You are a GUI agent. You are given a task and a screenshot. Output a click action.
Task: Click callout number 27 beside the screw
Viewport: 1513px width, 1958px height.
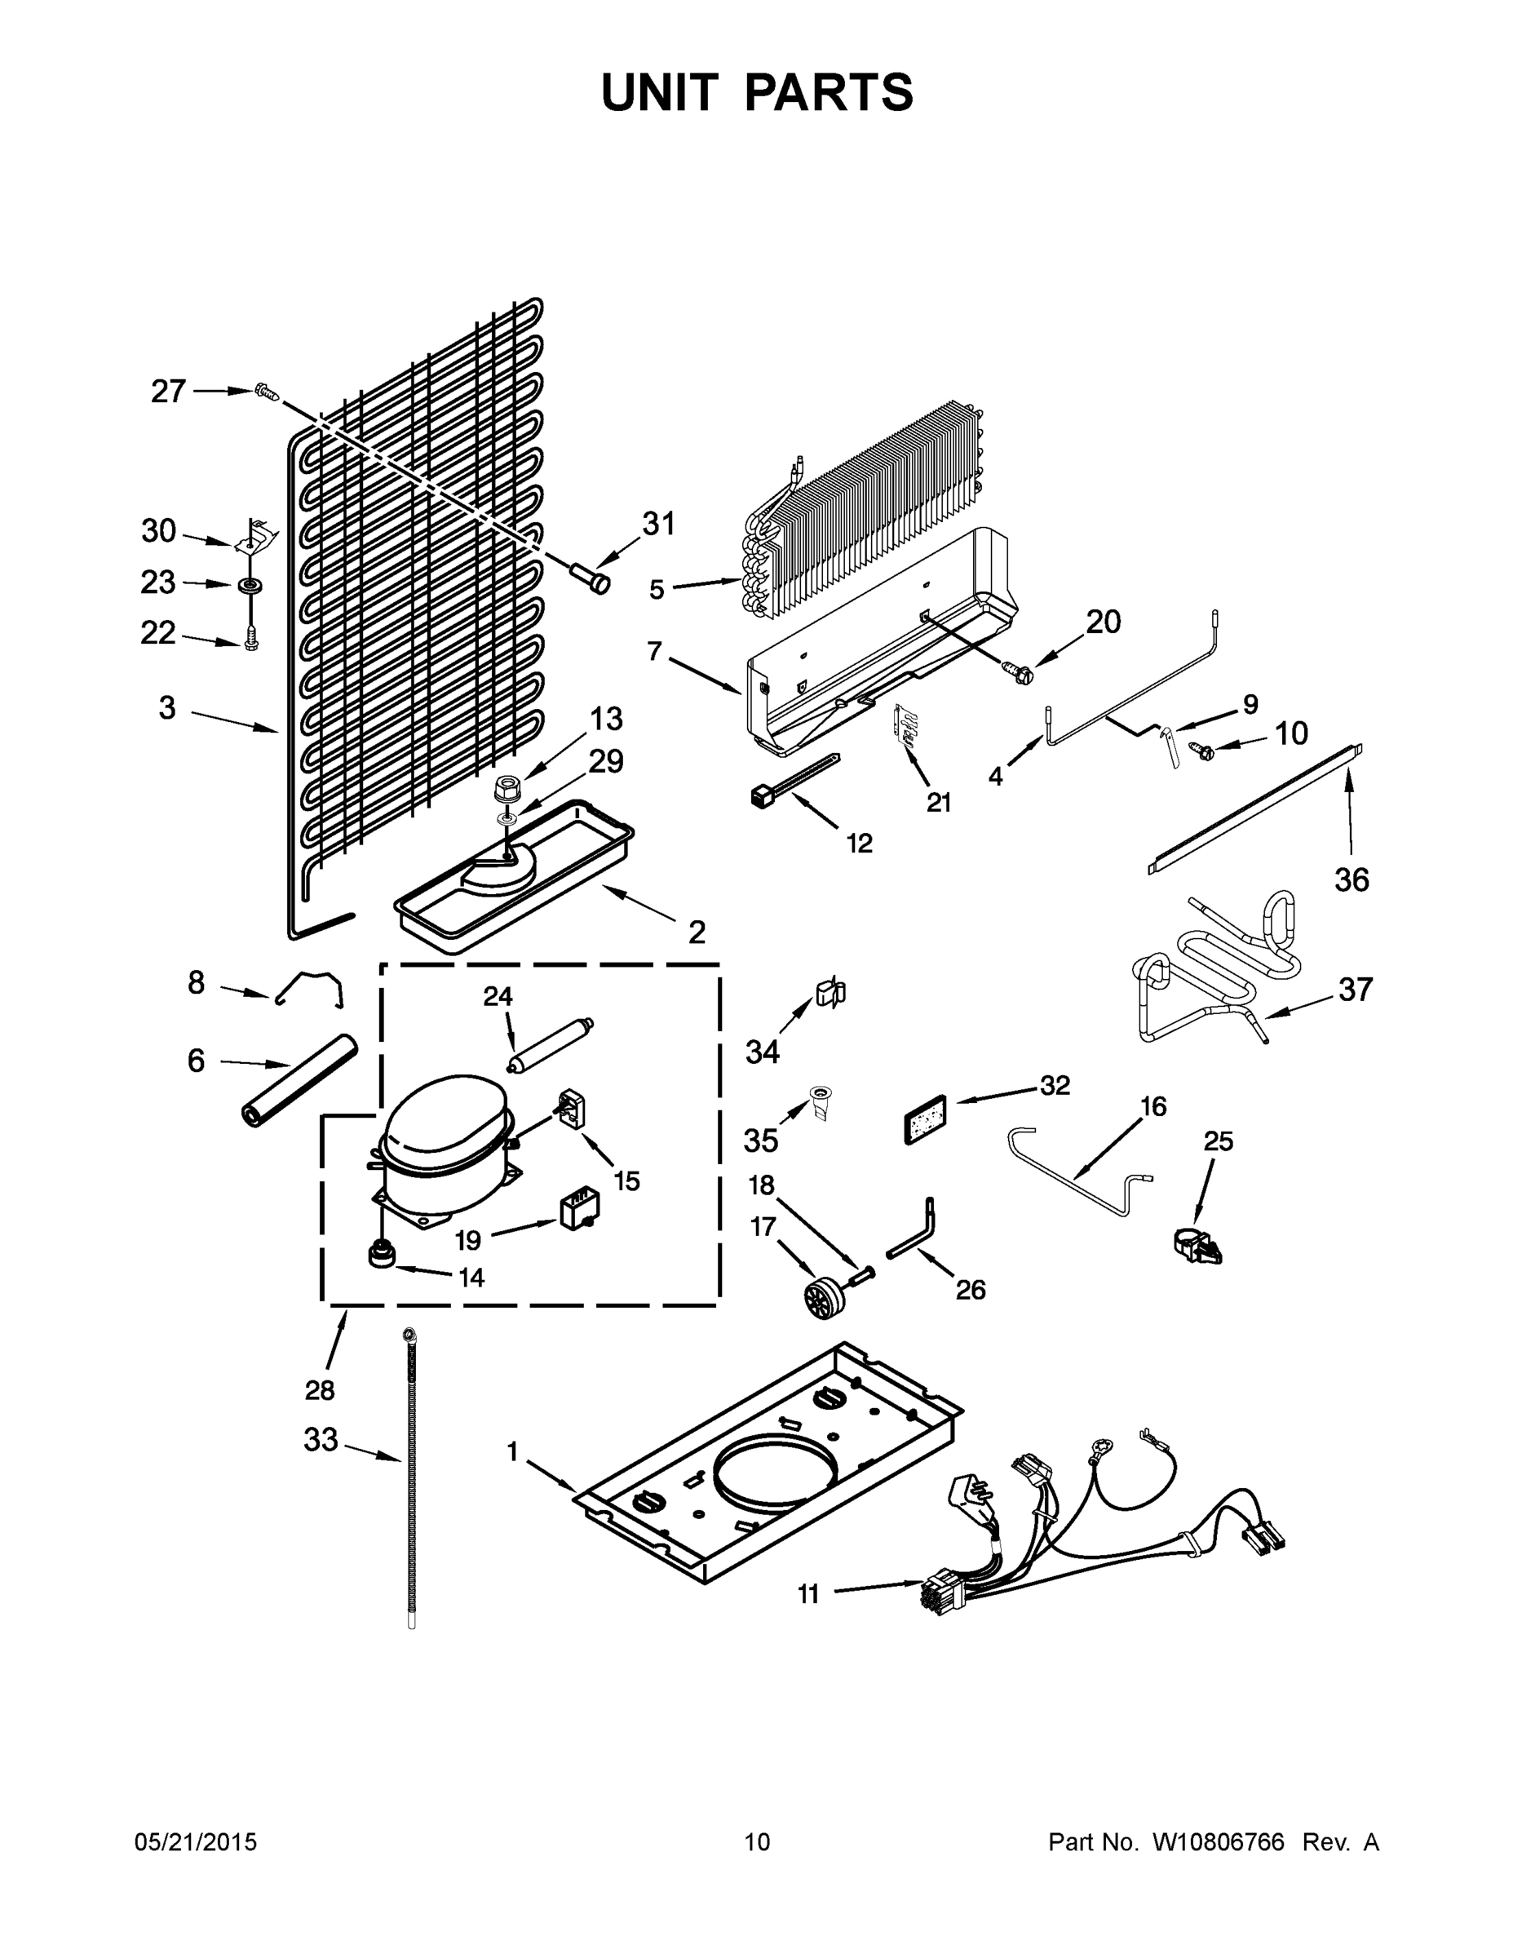click(168, 392)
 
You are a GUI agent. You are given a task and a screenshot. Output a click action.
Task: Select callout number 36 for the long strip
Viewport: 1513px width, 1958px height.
click(1352, 880)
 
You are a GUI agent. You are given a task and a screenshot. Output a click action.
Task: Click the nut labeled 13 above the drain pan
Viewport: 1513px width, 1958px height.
click(507, 791)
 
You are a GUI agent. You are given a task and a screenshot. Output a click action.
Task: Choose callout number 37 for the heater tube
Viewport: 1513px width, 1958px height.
click(1356, 990)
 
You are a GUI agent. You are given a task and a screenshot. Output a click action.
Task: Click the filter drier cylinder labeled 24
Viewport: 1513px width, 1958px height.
click(549, 1045)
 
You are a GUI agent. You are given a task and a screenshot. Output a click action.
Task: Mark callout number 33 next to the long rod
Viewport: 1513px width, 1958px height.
click(321, 1441)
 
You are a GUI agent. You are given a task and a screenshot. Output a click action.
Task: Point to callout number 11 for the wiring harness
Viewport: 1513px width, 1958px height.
click(808, 1594)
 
